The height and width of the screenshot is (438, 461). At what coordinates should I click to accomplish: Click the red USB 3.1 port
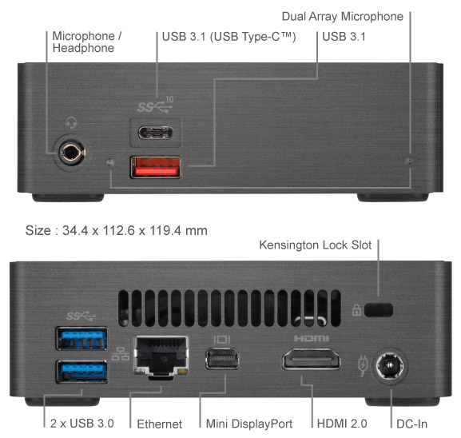[x=156, y=167]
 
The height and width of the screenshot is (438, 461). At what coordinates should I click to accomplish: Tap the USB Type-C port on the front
[x=156, y=133]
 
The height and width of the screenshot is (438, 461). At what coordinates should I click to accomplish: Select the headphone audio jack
[x=72, y=153]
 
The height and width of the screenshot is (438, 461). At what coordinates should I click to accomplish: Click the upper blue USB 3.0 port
[x=81, y=338]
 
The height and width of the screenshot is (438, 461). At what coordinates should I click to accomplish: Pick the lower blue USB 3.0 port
[x=81, y=372]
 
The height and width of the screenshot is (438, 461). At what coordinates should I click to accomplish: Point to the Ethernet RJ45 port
[x=161, y=357]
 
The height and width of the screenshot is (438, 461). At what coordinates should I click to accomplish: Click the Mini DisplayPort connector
[x=222, y=359]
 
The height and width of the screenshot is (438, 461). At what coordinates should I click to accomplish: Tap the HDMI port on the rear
[x=312, y=359]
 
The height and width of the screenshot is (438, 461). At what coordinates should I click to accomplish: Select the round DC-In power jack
[x=390, y=365]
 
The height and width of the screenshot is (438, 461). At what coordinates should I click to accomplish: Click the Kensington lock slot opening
[x=379, y=310]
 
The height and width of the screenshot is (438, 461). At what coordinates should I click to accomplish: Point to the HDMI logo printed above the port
[x=312, y=339]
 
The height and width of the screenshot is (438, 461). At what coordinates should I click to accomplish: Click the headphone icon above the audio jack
[x=71, y=122]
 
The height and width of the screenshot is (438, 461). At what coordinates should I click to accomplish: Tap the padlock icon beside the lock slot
[x=356, y=310]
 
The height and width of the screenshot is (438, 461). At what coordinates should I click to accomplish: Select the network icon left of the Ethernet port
[x=121, y=354]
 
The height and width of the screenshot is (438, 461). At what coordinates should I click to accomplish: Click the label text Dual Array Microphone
[x=343, y=17]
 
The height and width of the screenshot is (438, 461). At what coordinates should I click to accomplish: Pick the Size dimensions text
[x=117, y=230]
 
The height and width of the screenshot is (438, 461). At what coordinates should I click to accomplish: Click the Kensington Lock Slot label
[x=316, y=245]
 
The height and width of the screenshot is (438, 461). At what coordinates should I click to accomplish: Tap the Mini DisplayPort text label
[x=249, y=424]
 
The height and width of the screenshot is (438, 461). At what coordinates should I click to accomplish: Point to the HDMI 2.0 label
[x=342, y=424]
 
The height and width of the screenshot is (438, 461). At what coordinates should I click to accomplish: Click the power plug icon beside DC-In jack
[x=363, y=365]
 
